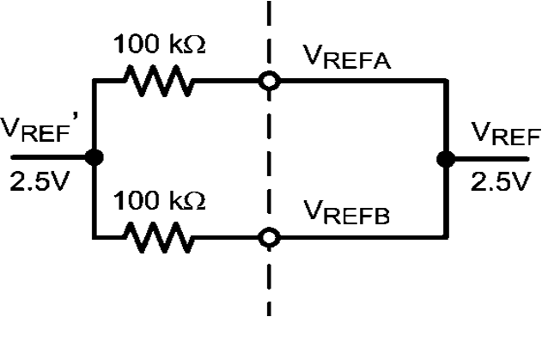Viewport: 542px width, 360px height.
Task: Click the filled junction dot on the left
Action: click(x=94, y=158)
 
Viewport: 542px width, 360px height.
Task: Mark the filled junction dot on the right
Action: click(x=445, y=158)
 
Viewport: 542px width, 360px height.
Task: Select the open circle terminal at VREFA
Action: click(x=270, y=82)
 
